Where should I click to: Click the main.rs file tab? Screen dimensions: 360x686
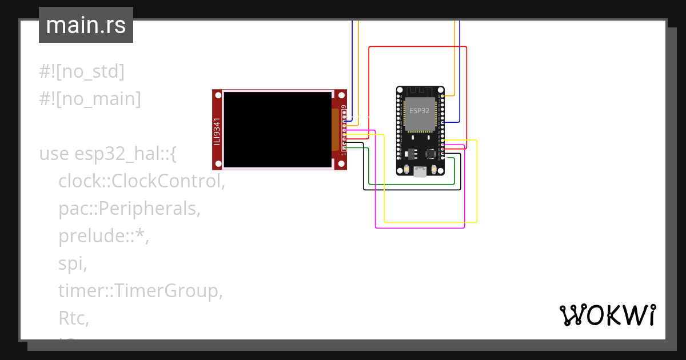coord(86,25)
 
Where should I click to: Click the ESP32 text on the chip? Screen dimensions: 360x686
coord(420,110)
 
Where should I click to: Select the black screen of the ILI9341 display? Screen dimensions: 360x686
coord(277,130)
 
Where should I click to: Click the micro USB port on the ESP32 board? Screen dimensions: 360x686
coord(420,172)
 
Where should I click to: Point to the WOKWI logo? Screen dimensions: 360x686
coord(607,315)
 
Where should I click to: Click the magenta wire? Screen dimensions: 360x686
coord(420,228)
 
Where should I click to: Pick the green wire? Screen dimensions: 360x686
coord(412,184)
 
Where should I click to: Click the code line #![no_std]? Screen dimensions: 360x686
coord(82,71)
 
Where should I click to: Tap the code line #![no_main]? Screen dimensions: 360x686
coord(90,99)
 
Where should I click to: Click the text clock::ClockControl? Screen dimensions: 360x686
coord(141,181)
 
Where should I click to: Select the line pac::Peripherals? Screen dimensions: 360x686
coord(129,209)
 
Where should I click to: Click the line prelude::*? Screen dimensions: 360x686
coord(103,236)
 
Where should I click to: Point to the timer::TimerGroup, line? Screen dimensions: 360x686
coord(140,291)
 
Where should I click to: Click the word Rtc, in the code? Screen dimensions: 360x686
coord(74,318)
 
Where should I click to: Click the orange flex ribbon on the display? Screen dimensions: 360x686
coord(336,130)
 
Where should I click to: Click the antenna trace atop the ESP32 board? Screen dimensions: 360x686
coord(420,91)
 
